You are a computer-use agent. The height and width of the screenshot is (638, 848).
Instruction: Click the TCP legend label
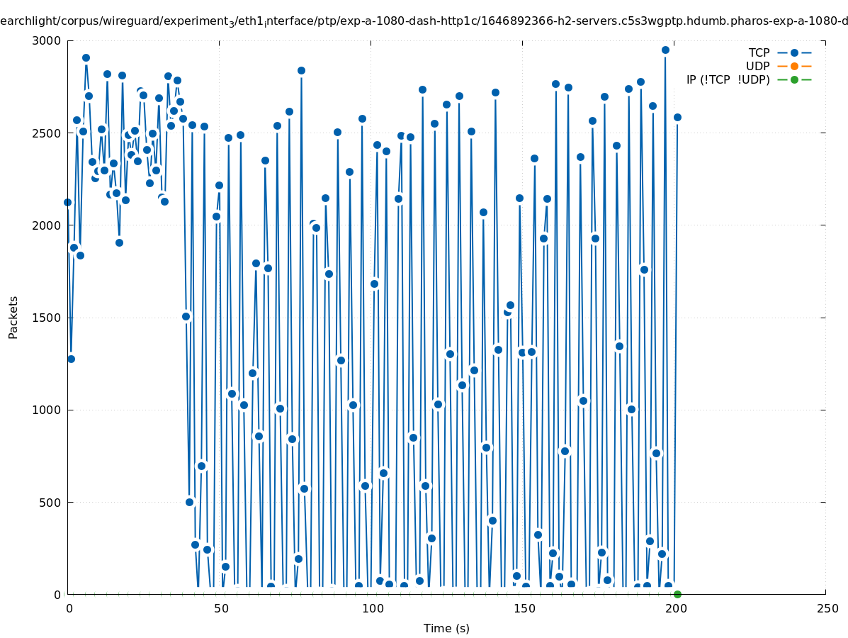(x=759, y=52)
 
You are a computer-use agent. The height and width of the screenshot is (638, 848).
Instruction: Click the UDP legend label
(x=757, y=66)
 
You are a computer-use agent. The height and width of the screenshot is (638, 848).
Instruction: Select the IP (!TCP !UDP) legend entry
(x=728, y=79)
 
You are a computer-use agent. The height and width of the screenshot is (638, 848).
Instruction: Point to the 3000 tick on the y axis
(x=47, y=40)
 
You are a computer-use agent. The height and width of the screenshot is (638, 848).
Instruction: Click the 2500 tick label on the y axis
(x=47, y=133)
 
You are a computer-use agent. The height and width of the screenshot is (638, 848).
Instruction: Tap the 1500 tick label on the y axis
(x=47, y=318)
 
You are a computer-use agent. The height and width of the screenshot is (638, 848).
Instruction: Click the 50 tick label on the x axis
(x=221, y=608)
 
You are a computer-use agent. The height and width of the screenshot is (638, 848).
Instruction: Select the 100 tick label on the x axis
(x=372, y=608)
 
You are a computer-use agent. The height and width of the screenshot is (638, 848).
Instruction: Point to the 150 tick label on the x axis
(x=524, y=608)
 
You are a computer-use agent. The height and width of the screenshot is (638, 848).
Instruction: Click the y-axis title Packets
(x=13, y=317)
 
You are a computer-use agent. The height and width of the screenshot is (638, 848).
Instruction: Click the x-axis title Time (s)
(x=446, y=628)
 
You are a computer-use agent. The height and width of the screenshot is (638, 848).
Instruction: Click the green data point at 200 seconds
(x=677, y=594)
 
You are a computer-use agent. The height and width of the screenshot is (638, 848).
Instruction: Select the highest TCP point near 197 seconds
(x=665, y=50)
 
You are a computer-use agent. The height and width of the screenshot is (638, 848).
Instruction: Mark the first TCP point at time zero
(x=67, y=202)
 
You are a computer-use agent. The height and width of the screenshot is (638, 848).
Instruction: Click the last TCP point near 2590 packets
(x=677, y=117)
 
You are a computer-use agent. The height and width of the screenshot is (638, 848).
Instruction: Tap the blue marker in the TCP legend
(x=794, y=52)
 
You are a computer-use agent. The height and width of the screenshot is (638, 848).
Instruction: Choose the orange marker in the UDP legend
(x=794, y=66)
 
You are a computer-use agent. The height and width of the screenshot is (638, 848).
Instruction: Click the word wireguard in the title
(x=122, y=22)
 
